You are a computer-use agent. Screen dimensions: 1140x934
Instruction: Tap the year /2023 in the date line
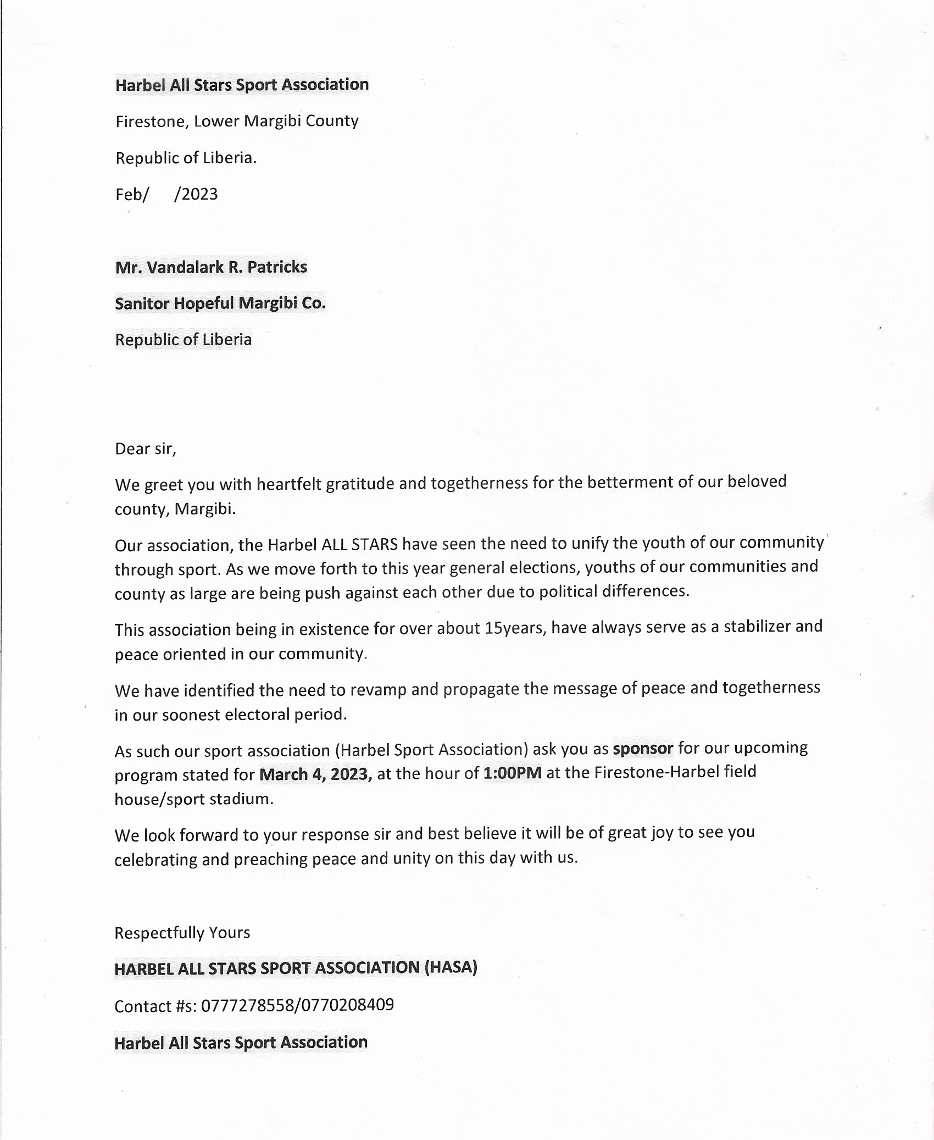point(196,195)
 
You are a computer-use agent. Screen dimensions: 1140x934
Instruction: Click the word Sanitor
point(142,303)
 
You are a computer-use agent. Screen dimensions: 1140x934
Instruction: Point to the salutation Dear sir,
point(146,449)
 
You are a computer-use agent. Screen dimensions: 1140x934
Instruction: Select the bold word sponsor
point(643,749)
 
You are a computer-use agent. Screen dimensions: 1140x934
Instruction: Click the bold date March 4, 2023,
point(315,774)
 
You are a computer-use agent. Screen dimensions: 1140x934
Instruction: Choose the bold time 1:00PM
point(512,773)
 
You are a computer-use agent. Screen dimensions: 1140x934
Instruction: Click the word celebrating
point(155,860)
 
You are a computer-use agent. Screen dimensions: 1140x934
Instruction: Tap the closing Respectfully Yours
point(182,933)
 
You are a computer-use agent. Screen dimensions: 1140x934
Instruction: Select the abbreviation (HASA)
point(451,967)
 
